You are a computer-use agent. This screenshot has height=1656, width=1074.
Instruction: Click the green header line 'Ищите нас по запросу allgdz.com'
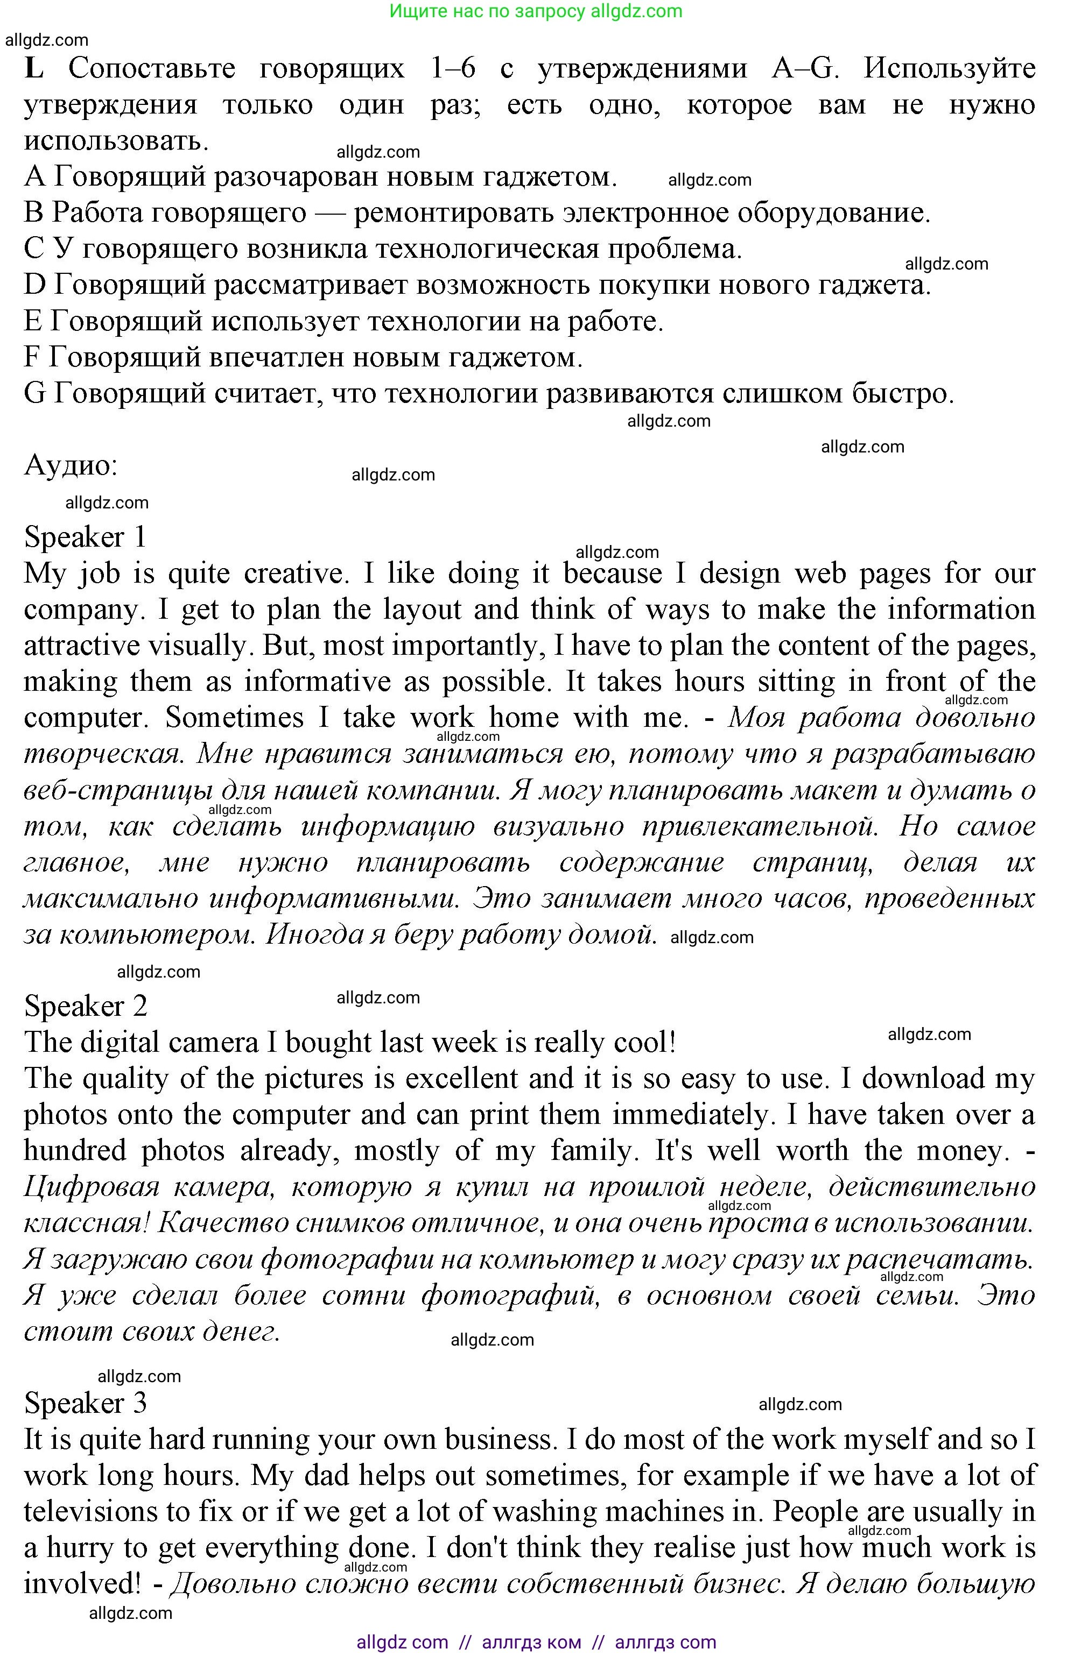(x=536, y=11)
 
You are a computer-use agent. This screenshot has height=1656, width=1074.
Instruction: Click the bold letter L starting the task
(x=33, y=69)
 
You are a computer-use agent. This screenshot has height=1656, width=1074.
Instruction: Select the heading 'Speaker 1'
(x=85, y=537)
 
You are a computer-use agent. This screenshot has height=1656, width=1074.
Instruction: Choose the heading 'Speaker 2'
(x=86, y=1006)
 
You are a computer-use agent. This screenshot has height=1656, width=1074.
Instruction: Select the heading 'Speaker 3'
(x=86, y=1403)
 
